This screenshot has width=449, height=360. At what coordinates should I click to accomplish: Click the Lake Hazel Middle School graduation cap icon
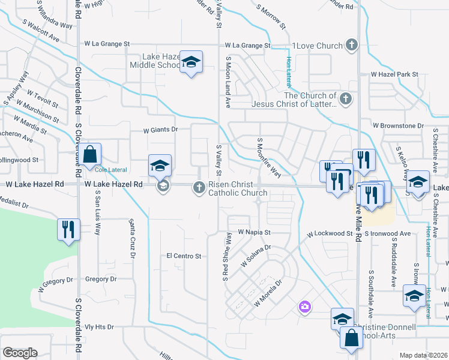coord(191,62)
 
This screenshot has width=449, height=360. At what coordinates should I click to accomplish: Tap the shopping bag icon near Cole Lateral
coord(89,155)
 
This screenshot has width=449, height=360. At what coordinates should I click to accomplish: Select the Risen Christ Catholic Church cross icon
coord(199,188)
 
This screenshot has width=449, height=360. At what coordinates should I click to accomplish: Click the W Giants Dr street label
coord(161,129)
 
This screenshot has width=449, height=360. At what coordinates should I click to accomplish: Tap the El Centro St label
coord(184,256)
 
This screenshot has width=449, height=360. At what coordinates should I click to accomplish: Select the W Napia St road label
coord(255,232)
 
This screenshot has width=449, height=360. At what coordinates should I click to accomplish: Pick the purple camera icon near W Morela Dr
coord(305,307)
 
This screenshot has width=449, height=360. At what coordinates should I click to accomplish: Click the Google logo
coord(20,353)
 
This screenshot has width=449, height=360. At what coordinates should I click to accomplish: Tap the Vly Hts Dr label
coord(99,327)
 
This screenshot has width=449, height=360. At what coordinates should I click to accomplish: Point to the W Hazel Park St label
coord(394,74)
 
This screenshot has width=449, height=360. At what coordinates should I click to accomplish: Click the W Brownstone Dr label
coord(398,126)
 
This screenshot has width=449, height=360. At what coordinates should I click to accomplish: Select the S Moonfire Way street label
coord(269,158)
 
